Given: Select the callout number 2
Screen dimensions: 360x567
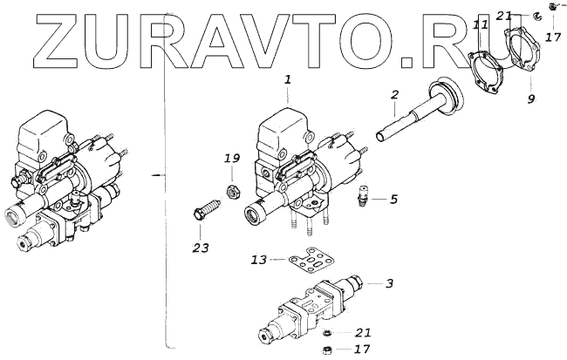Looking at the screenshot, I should click(x=394, y=93).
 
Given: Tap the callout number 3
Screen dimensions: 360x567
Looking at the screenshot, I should click(x=390, y=284).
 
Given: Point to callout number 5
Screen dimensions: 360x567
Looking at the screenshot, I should click(x=393, y=199).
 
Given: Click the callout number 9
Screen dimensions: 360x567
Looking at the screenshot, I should click(x=530, y=99).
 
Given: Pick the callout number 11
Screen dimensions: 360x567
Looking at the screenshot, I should click(x=481, y=27).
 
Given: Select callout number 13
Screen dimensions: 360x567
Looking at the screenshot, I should click(x=257, y=261).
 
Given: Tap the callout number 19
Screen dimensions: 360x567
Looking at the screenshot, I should click(x=231, y=159).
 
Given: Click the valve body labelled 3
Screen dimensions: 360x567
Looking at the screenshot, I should click(x=314, y=304).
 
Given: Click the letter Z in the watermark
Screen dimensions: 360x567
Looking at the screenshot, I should click(x=35, y=38).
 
